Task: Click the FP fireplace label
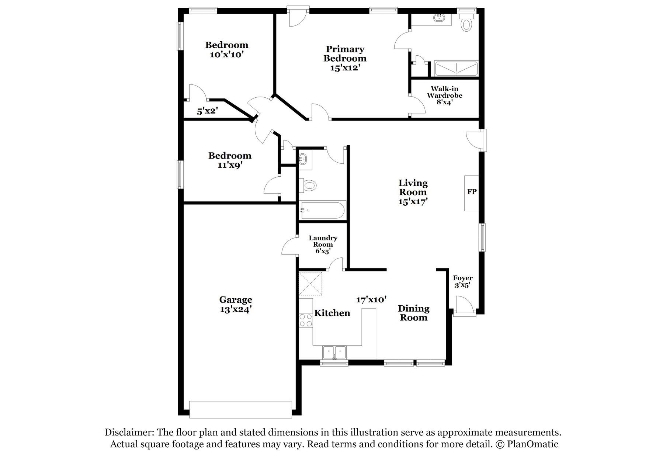coord(472,192)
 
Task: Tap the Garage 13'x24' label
coord(236,305)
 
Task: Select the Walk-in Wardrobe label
coord(444,95)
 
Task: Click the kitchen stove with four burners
coord(305,320)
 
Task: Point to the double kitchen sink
coord(334,353)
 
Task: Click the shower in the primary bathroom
coord(457,69)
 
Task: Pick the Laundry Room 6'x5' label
coord(323,244)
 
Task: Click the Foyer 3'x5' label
coord(462,281)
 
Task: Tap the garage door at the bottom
coord(240,409)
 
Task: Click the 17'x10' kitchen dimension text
coord(371,299)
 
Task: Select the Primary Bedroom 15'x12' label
coord(345,58)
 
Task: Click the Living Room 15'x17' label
coord(413,192)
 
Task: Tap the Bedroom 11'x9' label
coord(230,160)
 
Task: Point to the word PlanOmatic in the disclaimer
coord(532,444)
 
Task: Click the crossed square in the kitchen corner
coord(310,284)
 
